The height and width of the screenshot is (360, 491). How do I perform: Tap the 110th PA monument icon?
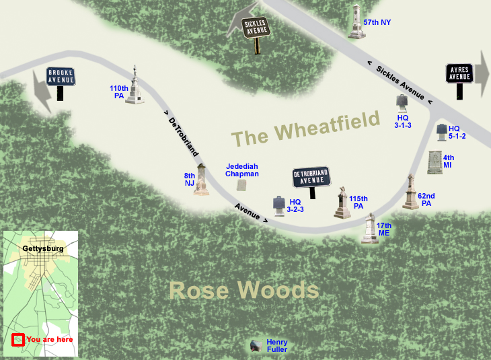136,85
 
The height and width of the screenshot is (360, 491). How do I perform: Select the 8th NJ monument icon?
201,178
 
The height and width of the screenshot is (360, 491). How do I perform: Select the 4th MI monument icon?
435,163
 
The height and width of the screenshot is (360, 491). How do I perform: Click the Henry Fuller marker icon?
255,346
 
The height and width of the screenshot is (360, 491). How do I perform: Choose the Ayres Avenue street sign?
459,73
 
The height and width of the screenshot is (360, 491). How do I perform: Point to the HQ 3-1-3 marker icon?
402,102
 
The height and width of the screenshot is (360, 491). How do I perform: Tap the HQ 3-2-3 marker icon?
276,204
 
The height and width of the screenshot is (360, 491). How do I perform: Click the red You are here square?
18,339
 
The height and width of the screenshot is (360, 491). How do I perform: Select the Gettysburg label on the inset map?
43,248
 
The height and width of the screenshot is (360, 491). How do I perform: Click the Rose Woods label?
243,290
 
